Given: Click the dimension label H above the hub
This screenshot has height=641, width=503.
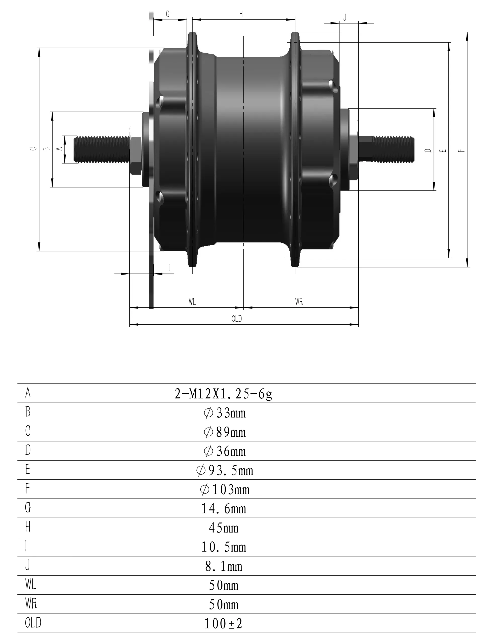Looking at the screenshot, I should tap(241, 14).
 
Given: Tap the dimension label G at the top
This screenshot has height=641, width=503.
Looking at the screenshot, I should tap(168, 14).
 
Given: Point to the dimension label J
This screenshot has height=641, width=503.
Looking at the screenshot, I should tap(345, 17).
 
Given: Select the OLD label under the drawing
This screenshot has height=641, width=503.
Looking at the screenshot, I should tap(236, 319).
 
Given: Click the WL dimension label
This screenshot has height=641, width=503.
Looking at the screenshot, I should tap(192, 301).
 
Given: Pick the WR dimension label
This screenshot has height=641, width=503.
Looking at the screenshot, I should tap(299, 301).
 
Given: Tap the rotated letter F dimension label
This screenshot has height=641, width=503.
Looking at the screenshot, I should tap(462, 150).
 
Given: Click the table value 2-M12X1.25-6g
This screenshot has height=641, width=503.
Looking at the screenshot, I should tap(223, 394).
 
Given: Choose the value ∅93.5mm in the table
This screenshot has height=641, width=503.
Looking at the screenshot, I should tap(224, 471).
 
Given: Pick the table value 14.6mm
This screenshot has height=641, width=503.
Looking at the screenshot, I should tap(224, 509).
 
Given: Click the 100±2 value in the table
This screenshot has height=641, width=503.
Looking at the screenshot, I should tap(223, 624).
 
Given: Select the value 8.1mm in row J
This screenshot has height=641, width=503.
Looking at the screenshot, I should tap(224, 567).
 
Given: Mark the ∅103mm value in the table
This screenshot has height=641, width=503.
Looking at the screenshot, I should tap(224, 490).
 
